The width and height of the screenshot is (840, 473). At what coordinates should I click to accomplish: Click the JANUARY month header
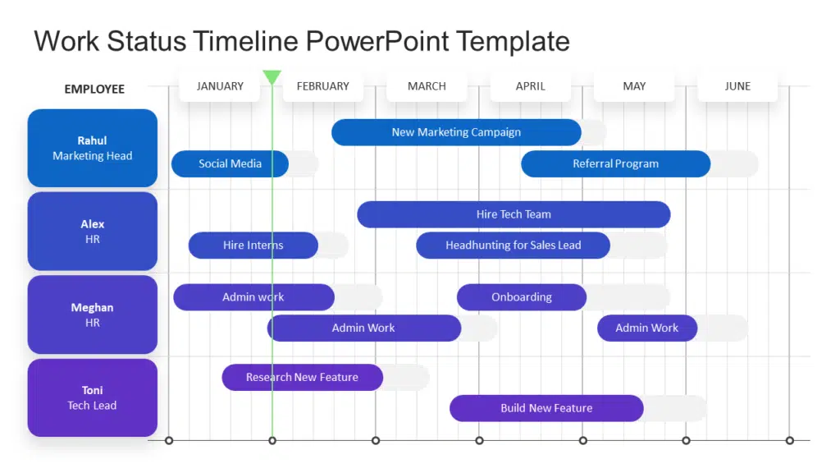point(220,86)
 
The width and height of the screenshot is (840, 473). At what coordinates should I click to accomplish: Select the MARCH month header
point(427,86)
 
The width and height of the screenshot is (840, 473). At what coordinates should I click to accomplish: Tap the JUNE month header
point(737,86)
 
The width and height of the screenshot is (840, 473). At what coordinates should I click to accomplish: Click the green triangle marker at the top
point(272,77)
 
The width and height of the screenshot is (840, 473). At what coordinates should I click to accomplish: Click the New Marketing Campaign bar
point(456,132)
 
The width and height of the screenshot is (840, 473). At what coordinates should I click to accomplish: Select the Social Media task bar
point(230,163)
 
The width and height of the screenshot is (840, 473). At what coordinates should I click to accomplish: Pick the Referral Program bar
point(615,163)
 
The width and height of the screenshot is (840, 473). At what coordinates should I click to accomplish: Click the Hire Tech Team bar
point(514,214)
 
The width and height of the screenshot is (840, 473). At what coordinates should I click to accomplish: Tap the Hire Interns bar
point(253,246)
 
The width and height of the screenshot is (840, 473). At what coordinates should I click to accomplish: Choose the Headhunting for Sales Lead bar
point(513,246)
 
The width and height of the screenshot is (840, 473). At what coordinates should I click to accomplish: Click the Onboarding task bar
point(522,297)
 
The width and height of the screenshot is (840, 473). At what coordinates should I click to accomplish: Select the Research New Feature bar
point(302,378)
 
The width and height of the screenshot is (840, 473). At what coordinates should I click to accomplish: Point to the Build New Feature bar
point(546,408)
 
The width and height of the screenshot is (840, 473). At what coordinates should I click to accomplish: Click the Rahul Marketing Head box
point(92,148)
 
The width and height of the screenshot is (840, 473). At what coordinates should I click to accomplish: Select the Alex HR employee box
point(92,232)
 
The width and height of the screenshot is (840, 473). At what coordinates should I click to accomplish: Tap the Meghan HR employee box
point(92,315)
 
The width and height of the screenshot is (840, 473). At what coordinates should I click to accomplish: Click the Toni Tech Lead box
point(92,397)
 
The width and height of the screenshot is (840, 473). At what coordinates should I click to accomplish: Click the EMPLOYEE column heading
point(94,89)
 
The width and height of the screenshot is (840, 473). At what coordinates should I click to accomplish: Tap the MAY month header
point(634,86)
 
